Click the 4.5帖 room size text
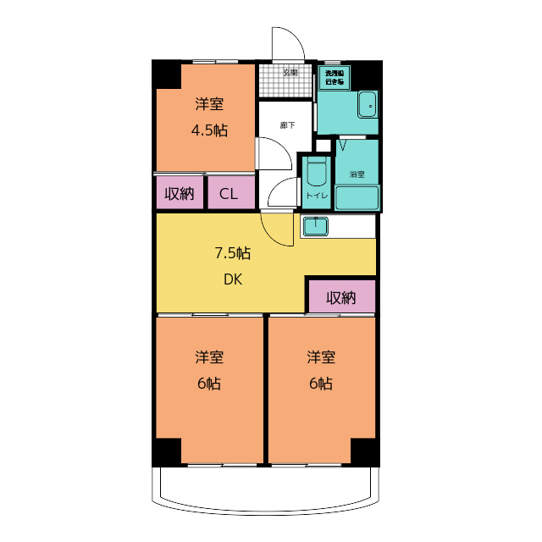(209, 130)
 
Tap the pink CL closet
(230, 194)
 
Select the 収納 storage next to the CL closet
(180, 194)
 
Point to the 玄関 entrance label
(290, 72)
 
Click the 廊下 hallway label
(288, 125)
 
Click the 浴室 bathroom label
(357, 174)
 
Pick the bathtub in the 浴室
(357, 197)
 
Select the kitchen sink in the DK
(315, 226)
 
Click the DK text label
(233, 279)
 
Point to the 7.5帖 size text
(232, 252)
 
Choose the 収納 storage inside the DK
(340, 297)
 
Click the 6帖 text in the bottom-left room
(209, 383)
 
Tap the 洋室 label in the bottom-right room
(321, 357)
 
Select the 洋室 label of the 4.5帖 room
(209, 104)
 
